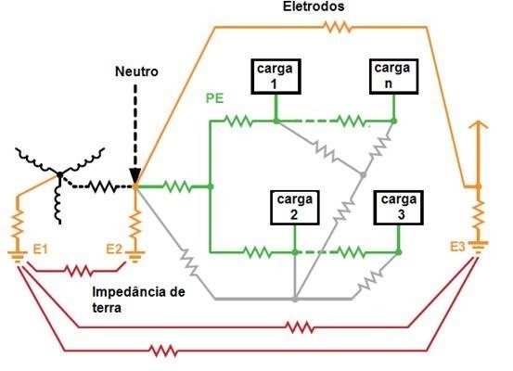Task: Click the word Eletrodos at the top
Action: click(x=314, y=6)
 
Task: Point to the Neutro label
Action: click(x=136, y=71)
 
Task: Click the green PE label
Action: click(x=214, y=98)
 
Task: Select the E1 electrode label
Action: click(x=40, y=249)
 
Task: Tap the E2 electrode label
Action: click(x=114, y=249)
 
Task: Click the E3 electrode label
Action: click(x=457, y=247)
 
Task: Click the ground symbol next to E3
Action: click(x=478, y=248)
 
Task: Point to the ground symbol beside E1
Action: click(x=18, y=257)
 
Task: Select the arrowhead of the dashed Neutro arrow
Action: click(x=135, y=177)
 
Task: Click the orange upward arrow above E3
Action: click(x=478, y=154)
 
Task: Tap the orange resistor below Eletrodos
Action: click(x=338, y=28)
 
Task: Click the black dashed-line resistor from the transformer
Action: click(x=103, y=186)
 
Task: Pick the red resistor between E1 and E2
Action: click(x=79, y=271)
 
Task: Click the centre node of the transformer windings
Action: click(x=60, y=175)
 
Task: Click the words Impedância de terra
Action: click(x=138, y=300)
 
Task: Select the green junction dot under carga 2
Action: click(x=295, y=252)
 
